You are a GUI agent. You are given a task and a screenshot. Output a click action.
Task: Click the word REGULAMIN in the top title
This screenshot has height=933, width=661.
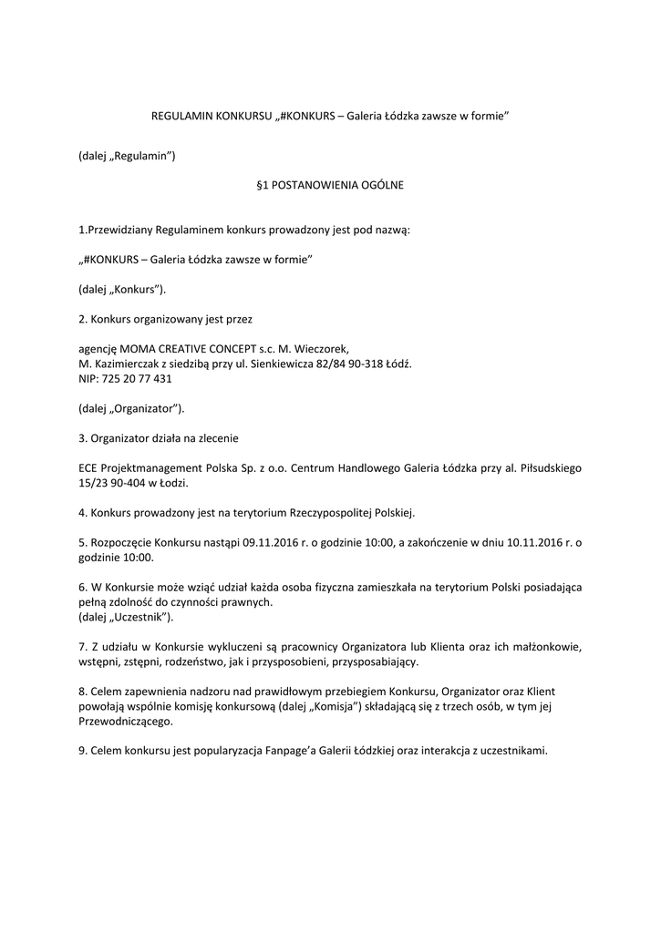coord(179,118)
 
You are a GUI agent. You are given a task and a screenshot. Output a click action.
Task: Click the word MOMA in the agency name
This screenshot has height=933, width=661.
coord(139,348)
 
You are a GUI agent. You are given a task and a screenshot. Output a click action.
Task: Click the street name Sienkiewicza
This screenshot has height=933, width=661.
coord(282,363)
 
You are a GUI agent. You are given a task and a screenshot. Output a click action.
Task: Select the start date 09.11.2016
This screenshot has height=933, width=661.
coord(271,543)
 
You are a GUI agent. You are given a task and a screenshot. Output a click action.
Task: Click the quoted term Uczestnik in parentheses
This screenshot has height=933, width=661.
coord(141,618)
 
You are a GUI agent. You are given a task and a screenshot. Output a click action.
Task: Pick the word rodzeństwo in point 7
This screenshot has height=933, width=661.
coord(206,662)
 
